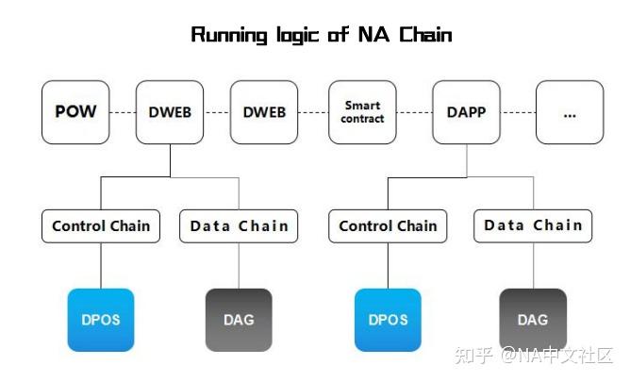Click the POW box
click(75, 112)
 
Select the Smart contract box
click(362, 112)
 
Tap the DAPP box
click(467, 112)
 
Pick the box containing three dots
click(570, 112)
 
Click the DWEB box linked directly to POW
click(170, 112)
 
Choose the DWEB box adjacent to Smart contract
click(264, 112)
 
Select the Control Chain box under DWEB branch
click(101, 226)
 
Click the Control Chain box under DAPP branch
click(388, 226)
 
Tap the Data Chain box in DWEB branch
click(239, 226)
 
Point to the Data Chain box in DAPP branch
click(533, 225)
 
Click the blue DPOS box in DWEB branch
click(101, 320)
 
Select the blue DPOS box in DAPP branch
click(388, 320)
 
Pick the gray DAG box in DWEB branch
click(239, 320)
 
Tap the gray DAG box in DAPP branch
click(533, 320)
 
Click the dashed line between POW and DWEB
click(123, 112)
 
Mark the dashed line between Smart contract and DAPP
click(414, 112)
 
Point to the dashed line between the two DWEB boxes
click(217, 112)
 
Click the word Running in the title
click(229, 35)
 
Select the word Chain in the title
click(425, 34)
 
